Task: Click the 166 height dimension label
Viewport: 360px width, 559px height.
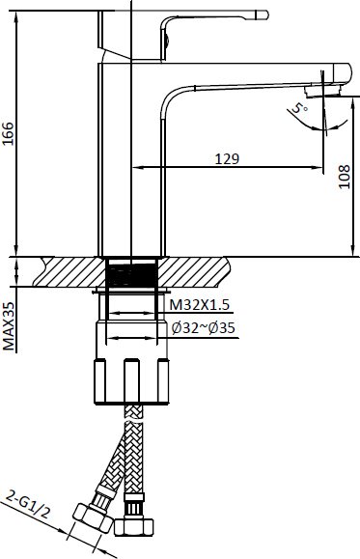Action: coord(8,133)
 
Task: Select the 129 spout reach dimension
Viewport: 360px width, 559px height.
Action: coord(227,158)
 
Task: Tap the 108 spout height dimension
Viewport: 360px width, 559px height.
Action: coord(345,177)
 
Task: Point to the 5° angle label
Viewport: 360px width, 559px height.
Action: coord(299,108)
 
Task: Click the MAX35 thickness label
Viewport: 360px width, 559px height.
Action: coord(9,326)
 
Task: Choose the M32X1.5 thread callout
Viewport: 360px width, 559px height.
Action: coord(199,305)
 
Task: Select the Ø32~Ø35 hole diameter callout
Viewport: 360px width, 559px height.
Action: coord(204,327)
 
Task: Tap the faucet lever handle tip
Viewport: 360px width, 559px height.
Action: coord(263,14)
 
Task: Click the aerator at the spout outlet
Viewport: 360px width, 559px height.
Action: coord(322,91)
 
